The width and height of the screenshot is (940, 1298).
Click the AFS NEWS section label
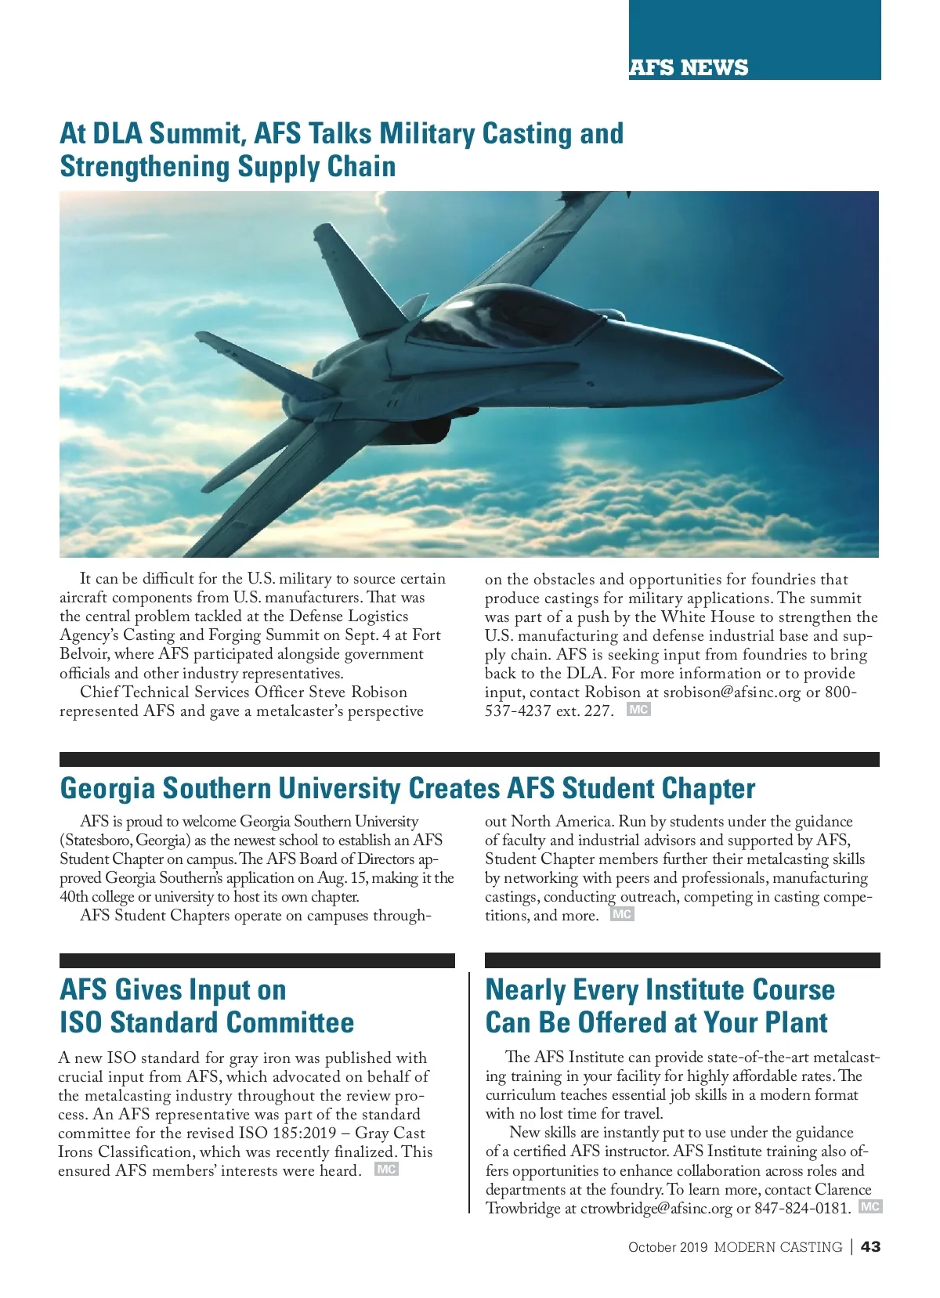pyautogui.click(x=689, y=67)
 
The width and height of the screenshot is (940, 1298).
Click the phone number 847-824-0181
pyautogui.click(x=802, y=1208)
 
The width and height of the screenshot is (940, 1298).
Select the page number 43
pyautogui.click(x=870, y=1246)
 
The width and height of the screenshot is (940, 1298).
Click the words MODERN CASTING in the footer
pyautogui.click(x=778, y=1247)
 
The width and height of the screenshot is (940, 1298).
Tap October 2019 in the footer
pyautogui.click(x=667, y=1247)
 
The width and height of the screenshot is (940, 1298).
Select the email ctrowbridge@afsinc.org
pyautogui.click(x=656, y=1208)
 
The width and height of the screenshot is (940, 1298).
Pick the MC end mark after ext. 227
pyautogui.click(x=638, y=710)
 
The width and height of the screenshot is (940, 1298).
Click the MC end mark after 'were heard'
pyautogui.click(x=386, y=1170)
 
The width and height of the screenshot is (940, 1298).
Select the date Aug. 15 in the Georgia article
pyautogui.click(x=338, y=877)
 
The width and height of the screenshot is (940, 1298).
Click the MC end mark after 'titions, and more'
pyautogui.click(x=622, y=914)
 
